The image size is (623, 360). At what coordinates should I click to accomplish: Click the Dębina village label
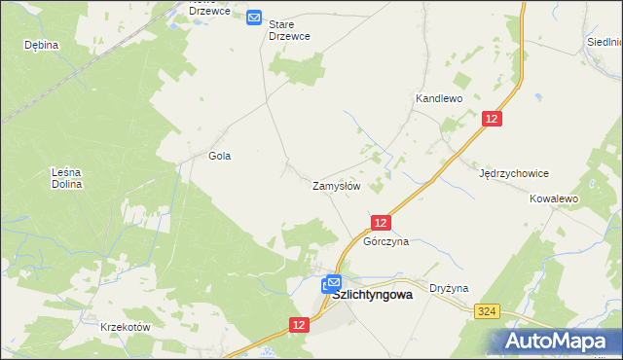pyautogui.click(x=42, y=45)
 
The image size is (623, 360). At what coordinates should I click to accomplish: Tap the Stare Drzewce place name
pyautogui.click(x=289, y=28)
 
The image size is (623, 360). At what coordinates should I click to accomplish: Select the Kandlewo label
pyautogui.click(x=438, y=99)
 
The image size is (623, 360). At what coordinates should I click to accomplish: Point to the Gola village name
pyautogui.click(x=220, y=156)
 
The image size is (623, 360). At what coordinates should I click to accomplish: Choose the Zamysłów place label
pyautogui.click(x=337, y=185)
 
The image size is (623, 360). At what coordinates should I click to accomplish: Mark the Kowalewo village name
pyautogui.click(x=554, y=198)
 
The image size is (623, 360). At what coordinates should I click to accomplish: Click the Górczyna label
pyautogui.click(x=385, y=241)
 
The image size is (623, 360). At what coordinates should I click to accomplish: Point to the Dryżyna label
pyautogui.click(x=450, y=288)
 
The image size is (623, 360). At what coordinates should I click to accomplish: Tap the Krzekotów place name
pyautogui.click(x=126, y=327)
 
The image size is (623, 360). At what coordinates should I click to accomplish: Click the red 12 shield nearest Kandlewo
pyautogui.click(x=493, y=119)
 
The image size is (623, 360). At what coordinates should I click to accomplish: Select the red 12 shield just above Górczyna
pyautogui.click(x=382, y=223)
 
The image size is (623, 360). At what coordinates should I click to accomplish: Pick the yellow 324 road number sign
pyautogui.click(x=489, y=310)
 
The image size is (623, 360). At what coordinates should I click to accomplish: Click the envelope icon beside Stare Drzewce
pyautogui.click(x=254, y=18)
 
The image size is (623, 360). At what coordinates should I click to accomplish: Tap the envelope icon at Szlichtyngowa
pyautogui.click(x=333, y=283)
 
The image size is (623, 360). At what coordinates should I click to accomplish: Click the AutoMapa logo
pyautogui.click(x=560, y=341)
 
